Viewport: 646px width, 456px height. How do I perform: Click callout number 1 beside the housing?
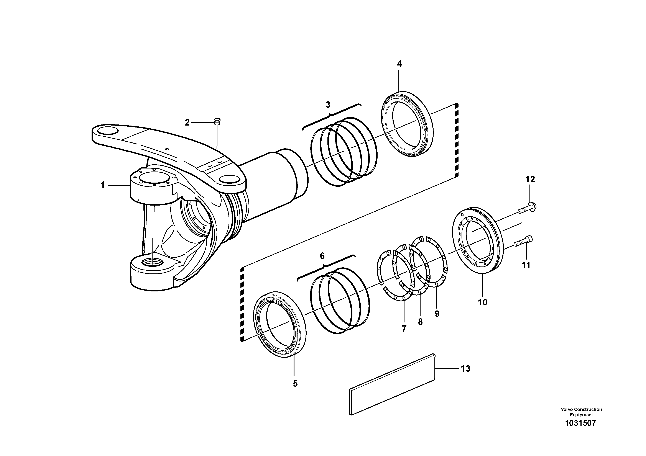103,185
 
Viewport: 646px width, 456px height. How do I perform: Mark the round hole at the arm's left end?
107,131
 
